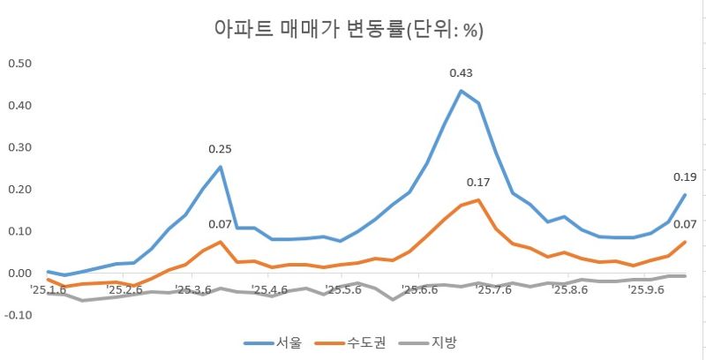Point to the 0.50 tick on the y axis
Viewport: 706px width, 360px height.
pos(19,64)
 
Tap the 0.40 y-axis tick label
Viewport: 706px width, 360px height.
pos(19,106)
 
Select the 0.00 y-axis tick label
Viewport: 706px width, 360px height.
pos(19,274)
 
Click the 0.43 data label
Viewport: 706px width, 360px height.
pos(462,73)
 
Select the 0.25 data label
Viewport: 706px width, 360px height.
pos(220,149)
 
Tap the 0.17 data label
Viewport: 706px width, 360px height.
pos(478,183)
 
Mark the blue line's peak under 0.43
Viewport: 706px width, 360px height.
pos(461,90)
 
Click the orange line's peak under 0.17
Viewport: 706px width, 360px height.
pos(478,200)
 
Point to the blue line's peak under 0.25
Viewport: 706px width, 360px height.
pos(221,167)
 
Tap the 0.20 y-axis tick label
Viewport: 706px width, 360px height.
pos(19,190)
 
